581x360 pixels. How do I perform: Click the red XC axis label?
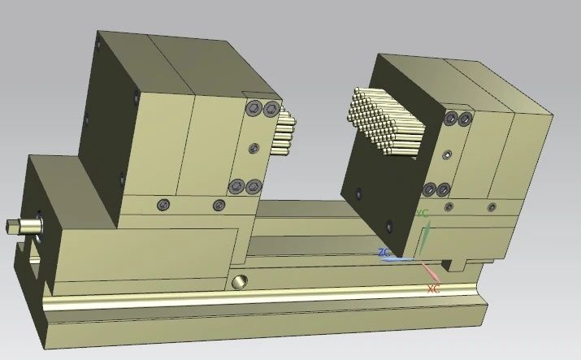click(x=433, y=288)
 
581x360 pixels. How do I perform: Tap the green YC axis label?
click(x=422, y=214)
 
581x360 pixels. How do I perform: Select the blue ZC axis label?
click(x=384, y=253)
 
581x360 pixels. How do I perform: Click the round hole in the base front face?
click(x=240, y=282)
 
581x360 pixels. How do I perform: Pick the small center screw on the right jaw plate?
click(x=446, y=154)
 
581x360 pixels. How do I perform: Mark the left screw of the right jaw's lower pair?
click(x=428, y=190)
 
